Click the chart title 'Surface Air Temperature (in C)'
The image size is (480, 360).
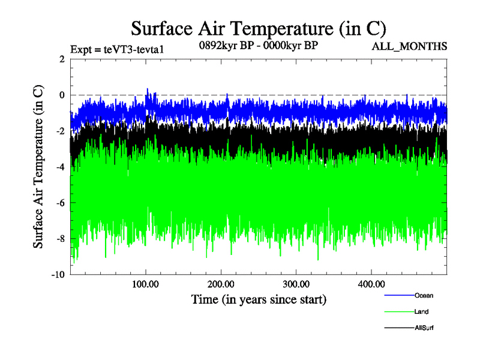(258, 28)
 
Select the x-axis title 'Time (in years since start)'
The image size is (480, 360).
(259, 298)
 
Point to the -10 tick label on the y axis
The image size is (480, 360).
(58, 275)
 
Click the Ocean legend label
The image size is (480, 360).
(423, 295)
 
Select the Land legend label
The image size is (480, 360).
(421, 311)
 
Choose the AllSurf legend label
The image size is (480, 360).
(424, 328)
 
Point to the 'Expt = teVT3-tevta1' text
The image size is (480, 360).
(117, 49)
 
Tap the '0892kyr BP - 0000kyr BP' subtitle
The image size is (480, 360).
(258, 44)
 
